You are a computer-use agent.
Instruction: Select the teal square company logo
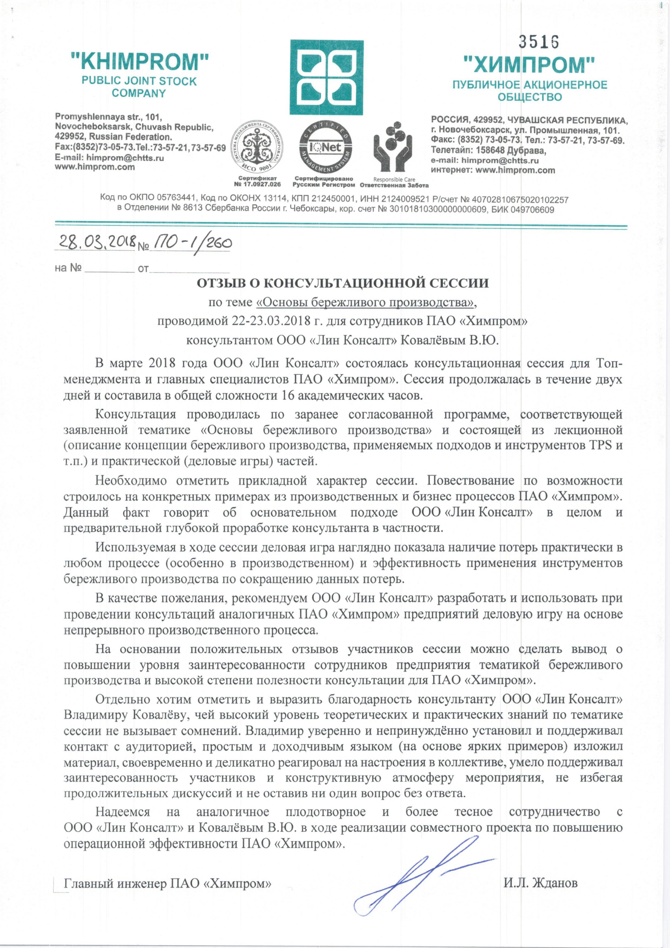point(327,77)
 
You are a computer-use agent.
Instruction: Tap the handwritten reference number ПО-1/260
point(191,243)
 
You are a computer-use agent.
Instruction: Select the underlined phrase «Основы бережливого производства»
point(365,303)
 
